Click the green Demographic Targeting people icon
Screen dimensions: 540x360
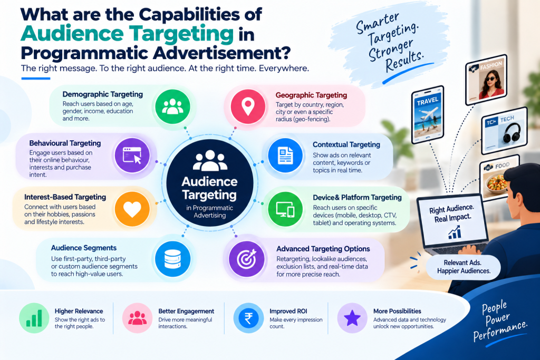coord(172,106)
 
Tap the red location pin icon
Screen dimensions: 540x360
coord(248,106)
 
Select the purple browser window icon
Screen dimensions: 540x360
coord(132,155)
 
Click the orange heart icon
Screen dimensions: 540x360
coord(132,209)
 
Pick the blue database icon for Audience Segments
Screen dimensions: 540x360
coord(172,259)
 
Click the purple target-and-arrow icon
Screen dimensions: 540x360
coord(247,259)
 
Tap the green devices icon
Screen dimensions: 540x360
coord(285,209)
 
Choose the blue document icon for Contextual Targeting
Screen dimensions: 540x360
coord(285,155)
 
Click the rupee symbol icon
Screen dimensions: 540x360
coord(248,318)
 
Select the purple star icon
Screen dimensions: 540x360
coord(352,318)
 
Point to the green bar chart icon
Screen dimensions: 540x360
coord(34,318)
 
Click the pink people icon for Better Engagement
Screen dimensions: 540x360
coord(138,318)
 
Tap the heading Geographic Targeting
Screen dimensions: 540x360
coord(311,95)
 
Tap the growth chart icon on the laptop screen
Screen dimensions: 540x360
coord(455,232)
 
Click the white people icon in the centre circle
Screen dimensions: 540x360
coord(210,160)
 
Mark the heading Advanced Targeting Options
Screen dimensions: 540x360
coord(323,249)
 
